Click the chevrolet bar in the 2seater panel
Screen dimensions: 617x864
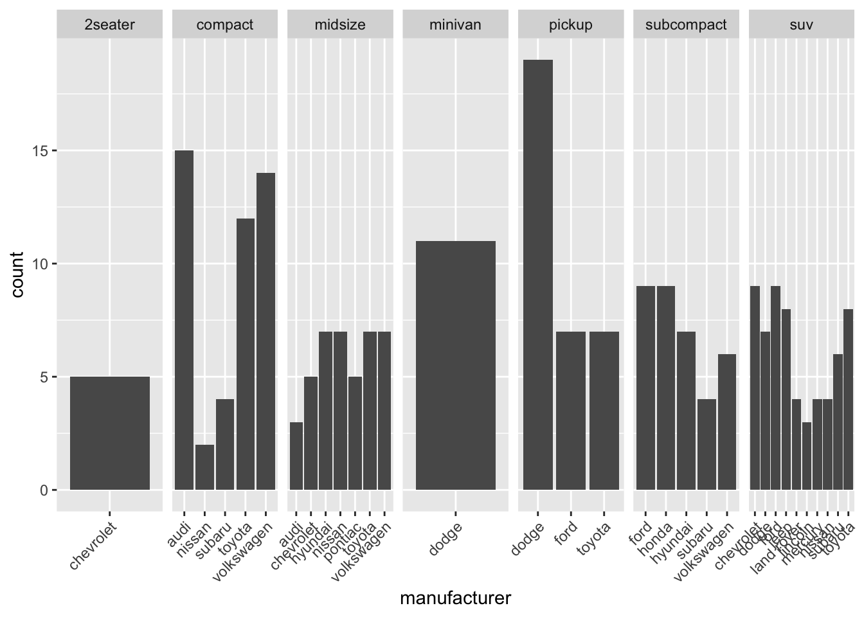[x=109, y=433]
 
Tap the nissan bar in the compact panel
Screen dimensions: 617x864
[x=204, y=467]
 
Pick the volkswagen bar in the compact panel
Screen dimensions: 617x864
[x=265, y=331]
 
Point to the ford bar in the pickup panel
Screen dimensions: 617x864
[x=571, y=411]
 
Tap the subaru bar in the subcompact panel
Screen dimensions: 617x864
[x=706, y=444]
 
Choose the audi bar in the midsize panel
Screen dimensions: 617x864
[x=296, y=456]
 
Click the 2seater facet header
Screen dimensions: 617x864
[x=109, y=25]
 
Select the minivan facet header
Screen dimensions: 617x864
[x=456, y=25]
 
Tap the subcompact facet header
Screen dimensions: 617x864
[x=686, y=25]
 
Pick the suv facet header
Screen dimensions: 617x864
[x=801, y=25]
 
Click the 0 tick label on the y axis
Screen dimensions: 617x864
[x=44, y=490]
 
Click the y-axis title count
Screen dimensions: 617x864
[x=17, y=274]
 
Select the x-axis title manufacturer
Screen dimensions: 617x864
[x=455, y=598]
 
